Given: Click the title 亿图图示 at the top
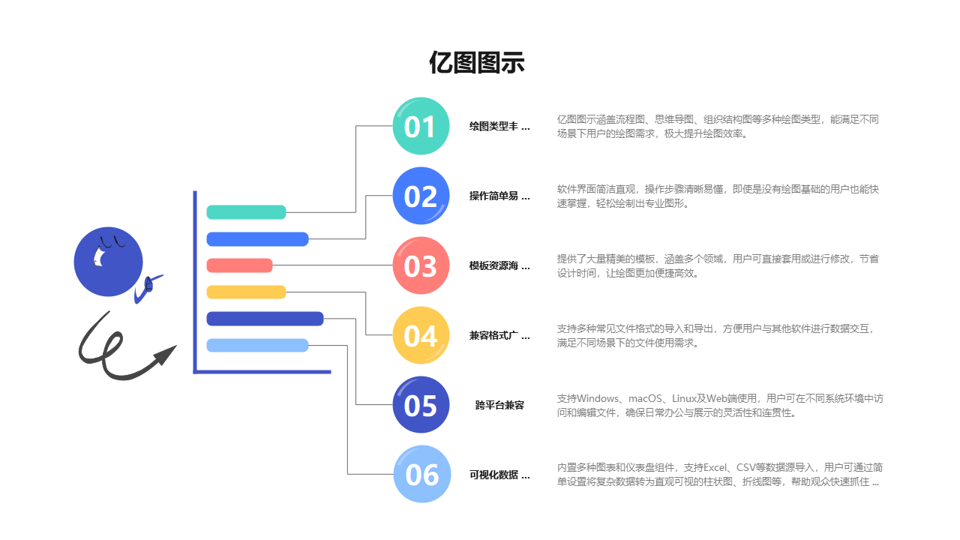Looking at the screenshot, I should click(477, 63).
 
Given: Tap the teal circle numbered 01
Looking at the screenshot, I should click(421, 126).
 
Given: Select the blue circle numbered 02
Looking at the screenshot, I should click(421, 196).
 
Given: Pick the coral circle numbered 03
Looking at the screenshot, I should click(421, 265).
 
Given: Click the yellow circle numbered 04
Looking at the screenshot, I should click(421, 335).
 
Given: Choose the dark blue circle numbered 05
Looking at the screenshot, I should click(421, 405).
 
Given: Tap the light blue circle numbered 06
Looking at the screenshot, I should click(421, 474).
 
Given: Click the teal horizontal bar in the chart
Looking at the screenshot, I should click(246, 212).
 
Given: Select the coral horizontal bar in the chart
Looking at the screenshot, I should click(239, 265).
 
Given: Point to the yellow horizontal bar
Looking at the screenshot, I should click(246, 292).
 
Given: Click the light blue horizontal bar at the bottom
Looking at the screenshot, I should click(257, 345).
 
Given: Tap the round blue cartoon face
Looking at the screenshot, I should click(108, 262).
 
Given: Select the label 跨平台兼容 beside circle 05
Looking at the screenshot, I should click(499, 405).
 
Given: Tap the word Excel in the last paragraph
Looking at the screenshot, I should click(718, 468).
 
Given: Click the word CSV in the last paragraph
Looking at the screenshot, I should click(750, 468).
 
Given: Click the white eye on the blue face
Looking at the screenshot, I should click(98, 257).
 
